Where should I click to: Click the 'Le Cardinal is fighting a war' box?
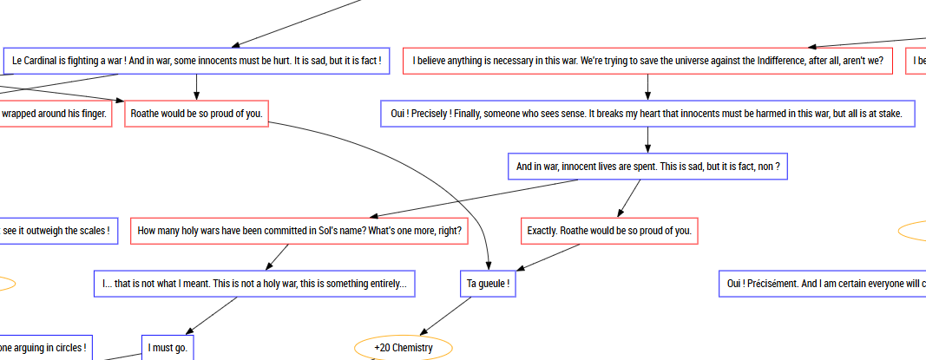point(196,62)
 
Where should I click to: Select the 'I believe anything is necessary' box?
point(647,62)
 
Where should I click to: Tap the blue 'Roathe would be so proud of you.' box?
point(196,114)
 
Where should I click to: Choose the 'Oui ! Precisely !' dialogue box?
point(647,114)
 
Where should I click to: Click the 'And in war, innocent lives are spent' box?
point(647,167)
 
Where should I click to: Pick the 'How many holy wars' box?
point(299,231)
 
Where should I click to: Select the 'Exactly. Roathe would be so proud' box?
point(609,231)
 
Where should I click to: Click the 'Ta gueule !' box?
point(488,284)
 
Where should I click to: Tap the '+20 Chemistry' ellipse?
point(404,348)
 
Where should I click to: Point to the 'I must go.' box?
point(167,348)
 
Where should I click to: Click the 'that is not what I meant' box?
point(254,284)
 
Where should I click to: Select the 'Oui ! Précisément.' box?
point(823,284)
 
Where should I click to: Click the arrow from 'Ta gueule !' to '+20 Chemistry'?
point(446,315)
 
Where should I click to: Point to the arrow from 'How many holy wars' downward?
point(278,257)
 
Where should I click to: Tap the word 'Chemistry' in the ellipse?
point(412,348)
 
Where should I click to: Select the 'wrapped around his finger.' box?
point(56,114)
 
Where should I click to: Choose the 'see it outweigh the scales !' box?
point(57,231)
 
